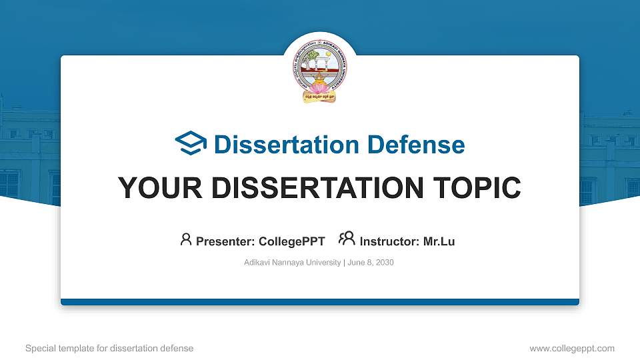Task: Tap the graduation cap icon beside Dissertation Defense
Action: pos(191,144)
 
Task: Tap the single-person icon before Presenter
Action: pos(186,239)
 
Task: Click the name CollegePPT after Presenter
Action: pos(292,241)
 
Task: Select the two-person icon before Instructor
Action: pos(347,239)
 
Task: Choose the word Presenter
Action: pos(224,241)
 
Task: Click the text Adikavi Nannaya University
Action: pos(292,263)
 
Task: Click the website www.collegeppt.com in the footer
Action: pos(571,348)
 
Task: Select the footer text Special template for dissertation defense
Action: pos(109,348)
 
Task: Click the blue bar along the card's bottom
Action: pos(319,302)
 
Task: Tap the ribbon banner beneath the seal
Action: pos(319,97)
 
